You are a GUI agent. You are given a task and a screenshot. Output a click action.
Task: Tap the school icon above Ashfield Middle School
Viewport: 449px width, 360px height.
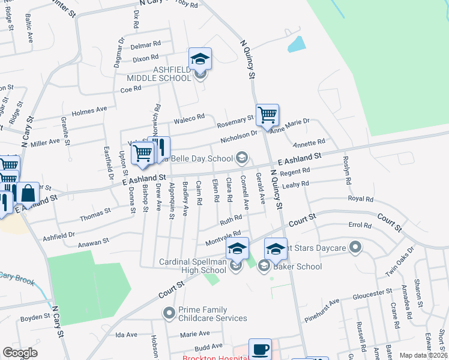tap(200, 59)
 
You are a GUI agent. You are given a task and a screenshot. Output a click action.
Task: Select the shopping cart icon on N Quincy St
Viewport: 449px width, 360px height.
tap(267, 113)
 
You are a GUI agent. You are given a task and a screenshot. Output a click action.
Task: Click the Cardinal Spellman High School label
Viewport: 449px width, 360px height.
tap(193, 266)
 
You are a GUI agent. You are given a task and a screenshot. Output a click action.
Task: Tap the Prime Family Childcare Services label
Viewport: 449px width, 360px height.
tap(212, 314)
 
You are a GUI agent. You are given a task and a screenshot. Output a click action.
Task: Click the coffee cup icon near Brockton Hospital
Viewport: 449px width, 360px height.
tap(260, 349)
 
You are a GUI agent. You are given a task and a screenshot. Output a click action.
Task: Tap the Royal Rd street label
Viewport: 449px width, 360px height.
tap(360, 199)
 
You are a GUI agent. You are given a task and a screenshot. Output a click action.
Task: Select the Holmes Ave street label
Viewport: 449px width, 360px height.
tap(89, 111)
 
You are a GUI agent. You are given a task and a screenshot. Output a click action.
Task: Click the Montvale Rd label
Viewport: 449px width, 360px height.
tap(223, 236)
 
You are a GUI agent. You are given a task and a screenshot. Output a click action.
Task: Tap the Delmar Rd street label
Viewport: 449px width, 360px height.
tap(146, 44)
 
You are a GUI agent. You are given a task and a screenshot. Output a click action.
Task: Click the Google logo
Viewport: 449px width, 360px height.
tap(20, 352)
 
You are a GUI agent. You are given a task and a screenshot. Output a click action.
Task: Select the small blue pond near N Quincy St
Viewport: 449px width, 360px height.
tap(296, 44)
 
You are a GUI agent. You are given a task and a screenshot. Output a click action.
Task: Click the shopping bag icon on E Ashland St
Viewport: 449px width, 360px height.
tap(28, 193)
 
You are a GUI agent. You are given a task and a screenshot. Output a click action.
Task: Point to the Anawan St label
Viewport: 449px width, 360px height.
tap(93, 242)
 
